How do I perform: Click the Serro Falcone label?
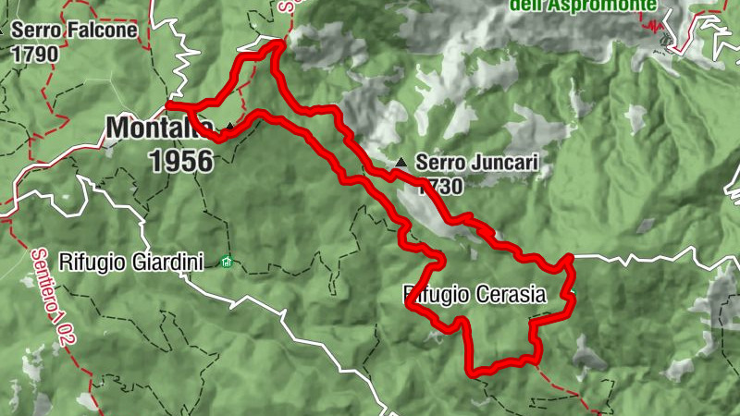[x=75, y=30]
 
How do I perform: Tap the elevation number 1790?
[x=35, y=53]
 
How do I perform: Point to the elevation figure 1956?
[x=180, y=160]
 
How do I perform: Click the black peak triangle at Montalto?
[x=229, y=126]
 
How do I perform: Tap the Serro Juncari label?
[x=477, y=163]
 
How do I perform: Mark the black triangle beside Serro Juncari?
[x=401, y=163]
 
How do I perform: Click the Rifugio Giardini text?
[x=130, y=262]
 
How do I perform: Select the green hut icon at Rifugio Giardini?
[x=227, y=263]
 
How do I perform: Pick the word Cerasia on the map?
[x=512, y=295]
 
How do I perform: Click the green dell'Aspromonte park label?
[x=584, y=6]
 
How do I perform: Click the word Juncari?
[x=502, y=163]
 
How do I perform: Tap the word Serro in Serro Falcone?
[x=32, y=30]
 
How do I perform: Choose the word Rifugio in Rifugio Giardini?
[x=92, y=262]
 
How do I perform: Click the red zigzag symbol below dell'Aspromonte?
[x=660, y=28]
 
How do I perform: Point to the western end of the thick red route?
[x=169, y=105]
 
